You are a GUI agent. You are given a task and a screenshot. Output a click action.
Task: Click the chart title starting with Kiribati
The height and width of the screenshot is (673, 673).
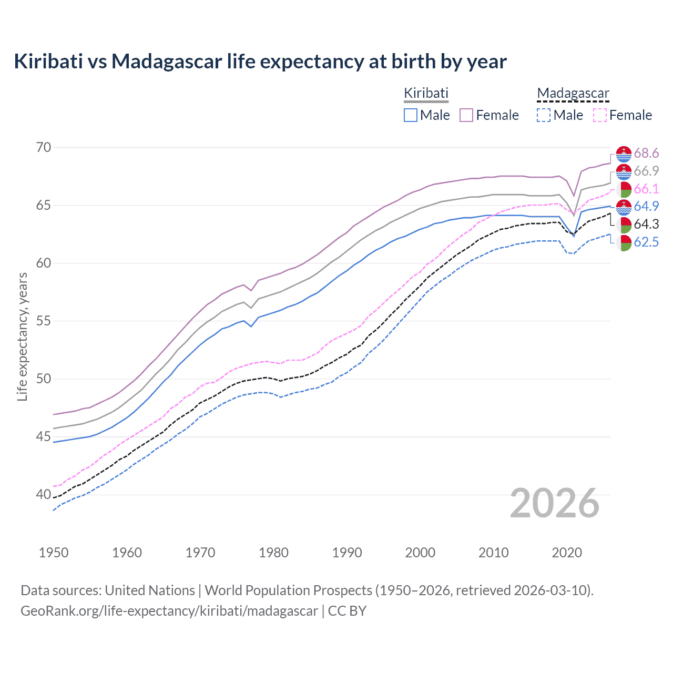pos(260,62)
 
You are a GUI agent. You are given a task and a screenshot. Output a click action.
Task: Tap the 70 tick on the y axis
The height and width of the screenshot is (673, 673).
pos(44,147)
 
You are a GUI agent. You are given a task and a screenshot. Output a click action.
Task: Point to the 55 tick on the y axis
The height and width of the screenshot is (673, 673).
pos(44,321)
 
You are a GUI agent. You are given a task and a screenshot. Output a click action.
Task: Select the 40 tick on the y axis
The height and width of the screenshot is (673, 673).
pos(44,494)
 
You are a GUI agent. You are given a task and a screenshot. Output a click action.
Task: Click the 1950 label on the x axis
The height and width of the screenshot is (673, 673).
pos(54,553)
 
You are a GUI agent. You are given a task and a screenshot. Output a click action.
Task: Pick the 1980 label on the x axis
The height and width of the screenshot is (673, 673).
pos(273,553)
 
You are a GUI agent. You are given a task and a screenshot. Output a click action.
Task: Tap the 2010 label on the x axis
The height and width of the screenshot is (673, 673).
pos(493,553)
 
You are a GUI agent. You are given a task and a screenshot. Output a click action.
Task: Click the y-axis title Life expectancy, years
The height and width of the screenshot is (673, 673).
pos(22,336)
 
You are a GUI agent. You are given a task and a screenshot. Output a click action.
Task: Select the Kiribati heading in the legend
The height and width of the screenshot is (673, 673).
pos(426,93)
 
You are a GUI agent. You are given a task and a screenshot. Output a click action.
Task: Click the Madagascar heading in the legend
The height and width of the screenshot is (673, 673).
pos(573,93)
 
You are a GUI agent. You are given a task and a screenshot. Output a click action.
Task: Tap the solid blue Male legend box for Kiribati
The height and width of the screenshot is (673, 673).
pos(411,115)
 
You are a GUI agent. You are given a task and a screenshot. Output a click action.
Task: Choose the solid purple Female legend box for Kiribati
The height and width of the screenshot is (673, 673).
pos(466,115)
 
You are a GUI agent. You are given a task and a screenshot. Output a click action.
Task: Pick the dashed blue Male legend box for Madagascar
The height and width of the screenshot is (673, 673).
pos(544,115)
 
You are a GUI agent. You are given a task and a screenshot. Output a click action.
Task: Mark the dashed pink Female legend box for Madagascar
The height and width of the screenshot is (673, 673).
pos(599,115)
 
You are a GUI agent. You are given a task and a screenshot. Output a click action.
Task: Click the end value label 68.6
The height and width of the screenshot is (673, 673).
pos(646,153)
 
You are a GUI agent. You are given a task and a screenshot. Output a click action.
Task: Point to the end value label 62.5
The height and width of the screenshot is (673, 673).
pos(646,242)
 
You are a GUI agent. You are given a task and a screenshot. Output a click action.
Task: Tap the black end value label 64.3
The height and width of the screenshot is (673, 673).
pos(646,224)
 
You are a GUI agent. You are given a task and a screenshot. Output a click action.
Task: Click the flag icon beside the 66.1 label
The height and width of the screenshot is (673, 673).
pos(624,189)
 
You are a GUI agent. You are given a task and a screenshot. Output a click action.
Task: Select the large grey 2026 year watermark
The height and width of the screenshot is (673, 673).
pos(554,503)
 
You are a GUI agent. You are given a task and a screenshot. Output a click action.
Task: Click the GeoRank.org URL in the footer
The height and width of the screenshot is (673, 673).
pos(169,611)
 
